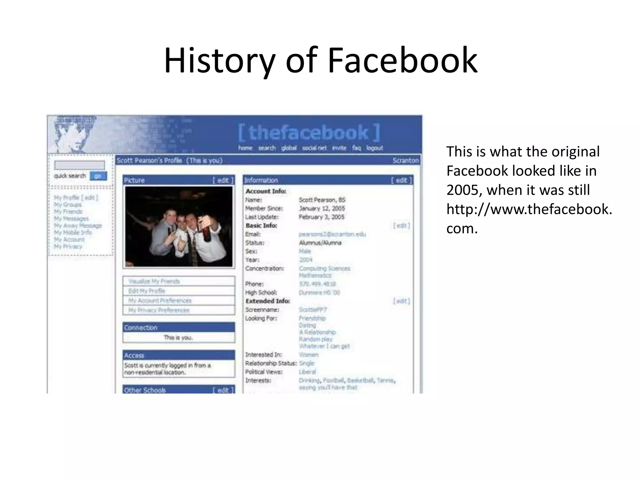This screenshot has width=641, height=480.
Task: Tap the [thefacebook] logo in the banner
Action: pos(309,132)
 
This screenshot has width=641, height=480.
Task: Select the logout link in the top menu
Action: pos(374,148)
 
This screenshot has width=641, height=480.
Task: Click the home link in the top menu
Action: pos(245,148)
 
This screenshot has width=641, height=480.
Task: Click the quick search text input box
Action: pos(79,165)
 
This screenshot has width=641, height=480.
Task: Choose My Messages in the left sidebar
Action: pos(71,218)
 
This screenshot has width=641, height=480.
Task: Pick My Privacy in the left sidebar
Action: pos(68,247)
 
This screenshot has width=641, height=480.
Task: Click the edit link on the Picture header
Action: pos(223,180)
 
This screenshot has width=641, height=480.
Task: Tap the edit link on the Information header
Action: pos(402,180)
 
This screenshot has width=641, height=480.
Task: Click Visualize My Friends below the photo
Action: pos(154,281)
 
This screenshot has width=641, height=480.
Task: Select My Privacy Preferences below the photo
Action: pos(159,310)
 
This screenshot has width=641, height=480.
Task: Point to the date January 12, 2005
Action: pos(322,208)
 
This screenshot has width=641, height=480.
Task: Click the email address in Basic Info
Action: pos(332,234)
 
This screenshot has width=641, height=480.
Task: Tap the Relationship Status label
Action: pos(271,363)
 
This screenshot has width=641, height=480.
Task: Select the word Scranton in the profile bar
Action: pos(406,160)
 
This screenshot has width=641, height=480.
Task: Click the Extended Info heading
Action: pos(268,301)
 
